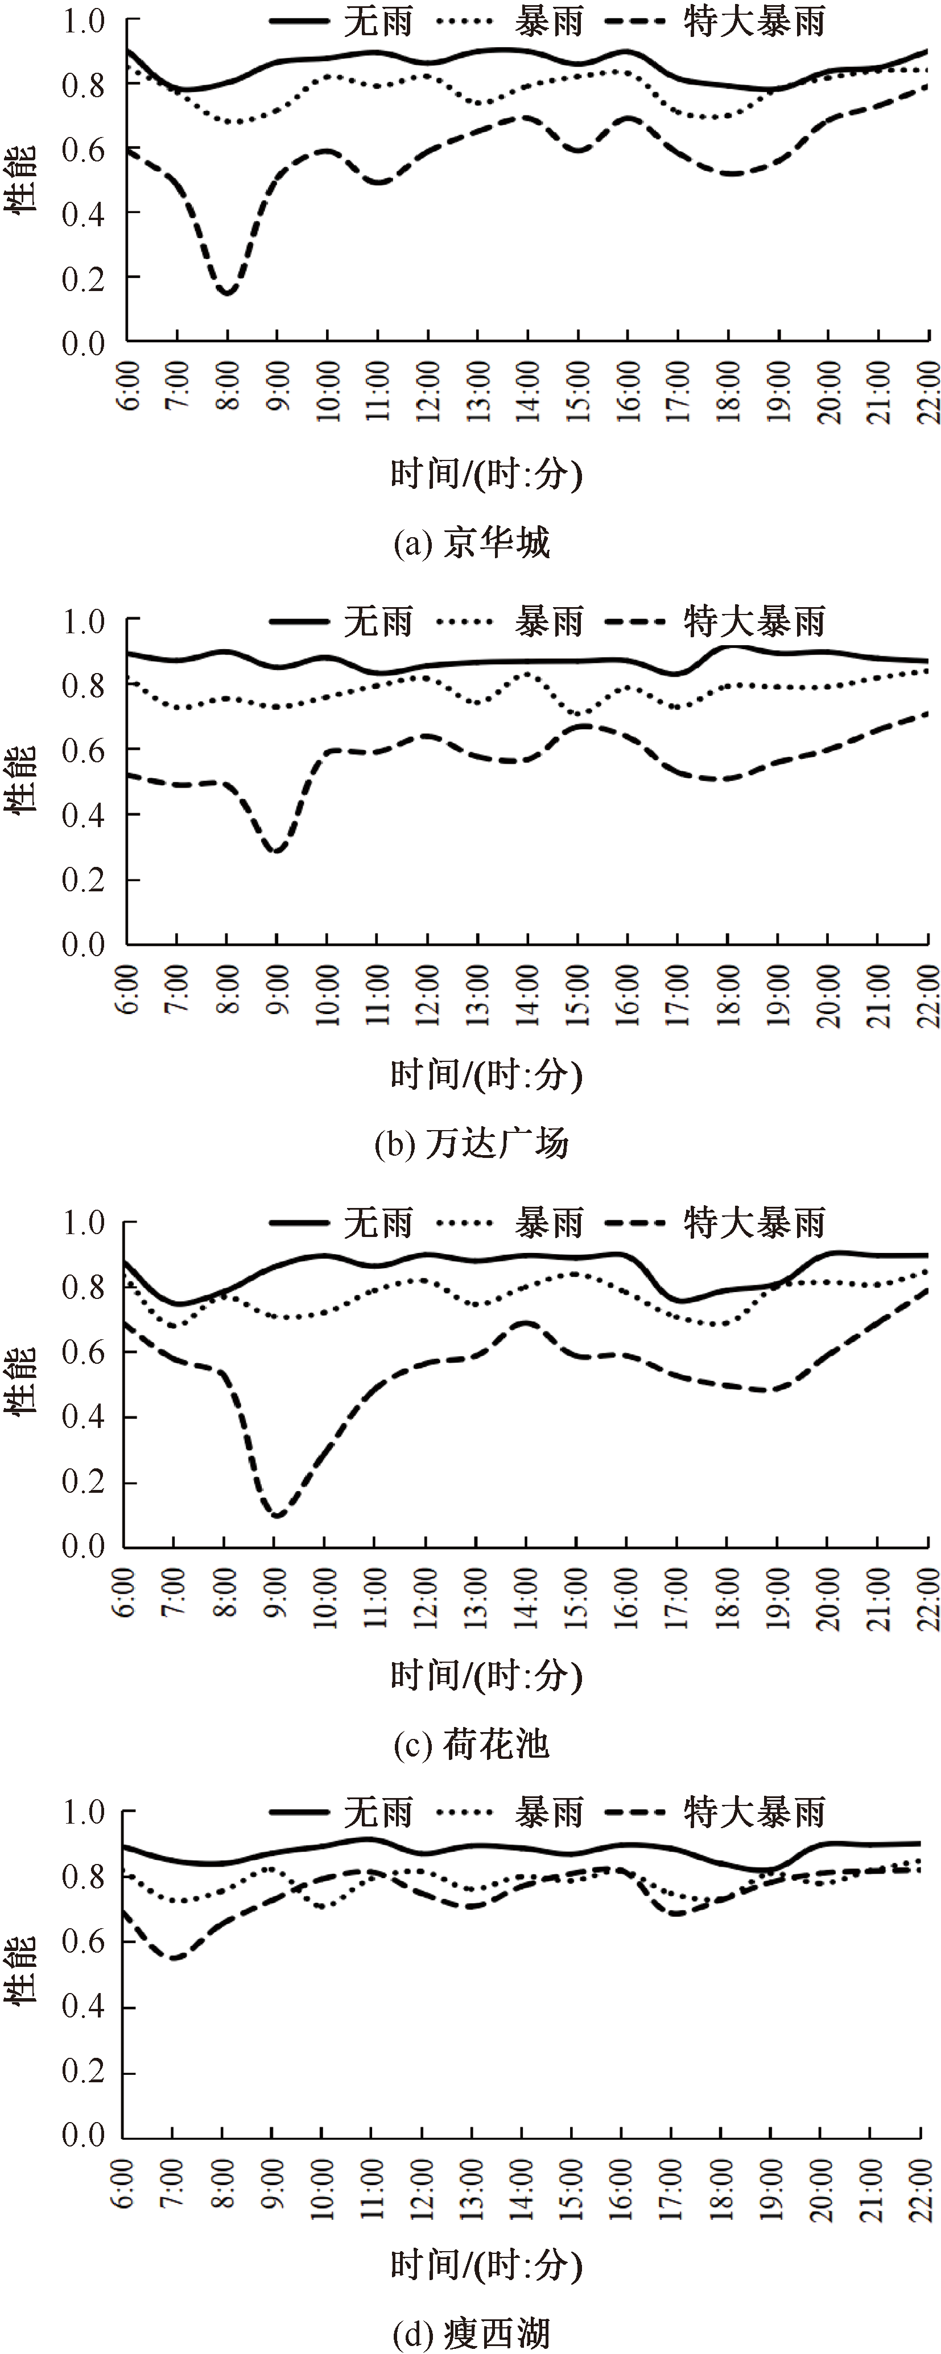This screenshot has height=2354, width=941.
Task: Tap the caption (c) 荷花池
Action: pyautogui.click(x=472, y=1745)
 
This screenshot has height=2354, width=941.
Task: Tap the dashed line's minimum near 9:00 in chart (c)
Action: pyautogui.click(x=276, y=1516)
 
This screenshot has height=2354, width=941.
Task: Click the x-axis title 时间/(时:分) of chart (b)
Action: pyautogui.click(x=486, y=1074)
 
